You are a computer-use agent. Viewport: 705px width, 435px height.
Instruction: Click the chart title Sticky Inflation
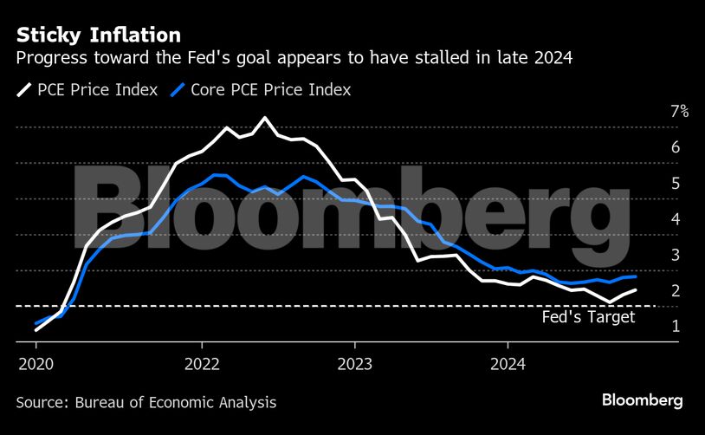[x=98, y=35]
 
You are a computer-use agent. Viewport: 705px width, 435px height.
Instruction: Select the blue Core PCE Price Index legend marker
[x=178, y=90]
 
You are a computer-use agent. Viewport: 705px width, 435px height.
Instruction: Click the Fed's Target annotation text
[x=588, y=317]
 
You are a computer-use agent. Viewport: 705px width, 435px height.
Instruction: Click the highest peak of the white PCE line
[x=264, y=118]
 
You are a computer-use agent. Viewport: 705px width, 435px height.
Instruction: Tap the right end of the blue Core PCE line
[x=637, y=276]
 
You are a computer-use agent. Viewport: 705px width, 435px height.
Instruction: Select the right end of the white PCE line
[x=637, y=290]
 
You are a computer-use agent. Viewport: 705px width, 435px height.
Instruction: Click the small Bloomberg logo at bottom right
[x=643, y=400]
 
